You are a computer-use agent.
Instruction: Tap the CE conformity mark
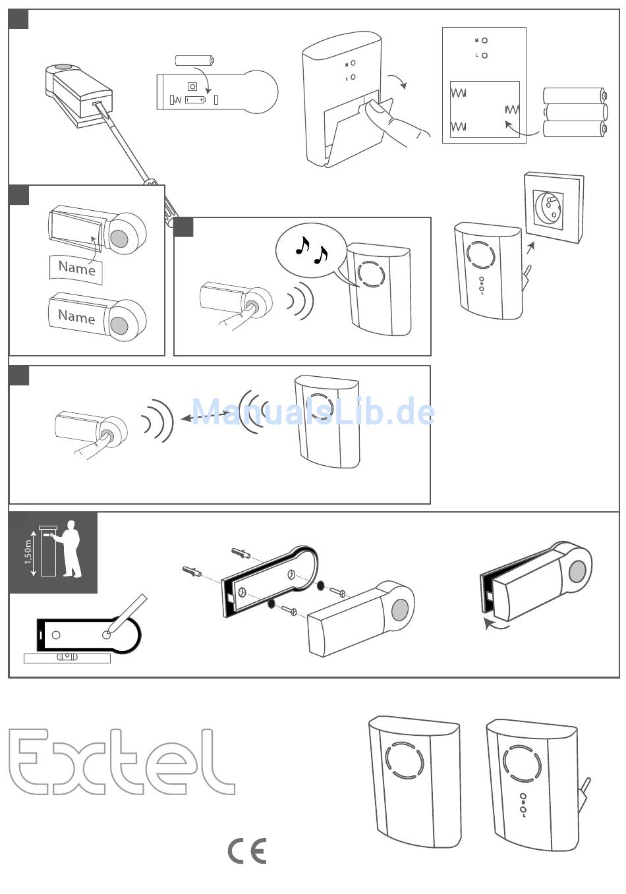tap(247, 851)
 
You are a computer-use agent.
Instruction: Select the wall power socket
tap(554, 208)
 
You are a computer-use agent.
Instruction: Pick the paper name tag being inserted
tap(76, 269)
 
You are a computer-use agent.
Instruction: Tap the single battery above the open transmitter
tap(195, 61)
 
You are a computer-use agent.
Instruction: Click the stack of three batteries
tap(575, 112)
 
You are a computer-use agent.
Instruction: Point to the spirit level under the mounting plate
tap(67, 658)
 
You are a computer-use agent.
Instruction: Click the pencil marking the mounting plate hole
tap(126, 614)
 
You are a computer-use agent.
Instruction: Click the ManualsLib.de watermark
tap(313, 412)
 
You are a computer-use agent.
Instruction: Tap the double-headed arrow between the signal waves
tap(206, 416)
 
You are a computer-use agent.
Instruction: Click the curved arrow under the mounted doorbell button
tap(496, 624)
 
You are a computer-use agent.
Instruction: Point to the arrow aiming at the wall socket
tap(530, 248)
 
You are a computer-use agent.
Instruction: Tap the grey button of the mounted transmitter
tap(577, 571)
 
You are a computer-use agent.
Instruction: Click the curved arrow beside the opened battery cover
tap(399, 80)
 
